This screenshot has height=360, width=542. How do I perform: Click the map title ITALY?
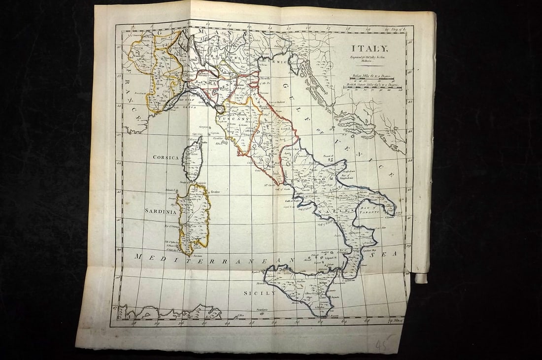(370, 48)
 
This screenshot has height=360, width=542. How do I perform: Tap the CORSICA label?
(166, 157)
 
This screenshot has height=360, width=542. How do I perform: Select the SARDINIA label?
(160, 210)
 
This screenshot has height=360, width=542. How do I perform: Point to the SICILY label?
(260, 293)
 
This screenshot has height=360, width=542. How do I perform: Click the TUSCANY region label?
(235, 119)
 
